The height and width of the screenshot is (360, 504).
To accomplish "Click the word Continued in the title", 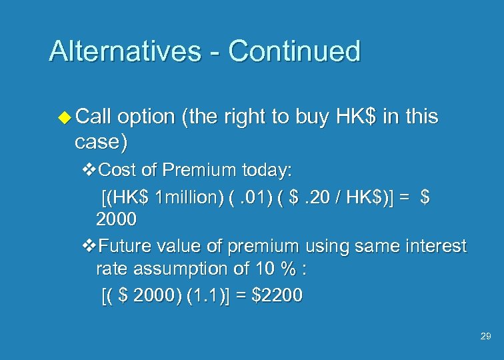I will (x=294, y=51).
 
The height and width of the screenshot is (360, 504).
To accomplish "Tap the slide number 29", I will (x=485, y=337).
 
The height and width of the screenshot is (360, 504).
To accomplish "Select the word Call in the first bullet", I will (x=94, y=117).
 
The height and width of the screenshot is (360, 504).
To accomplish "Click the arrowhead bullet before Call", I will (x=65, y=117).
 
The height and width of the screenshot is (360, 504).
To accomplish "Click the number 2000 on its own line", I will (x=117, y=219).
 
